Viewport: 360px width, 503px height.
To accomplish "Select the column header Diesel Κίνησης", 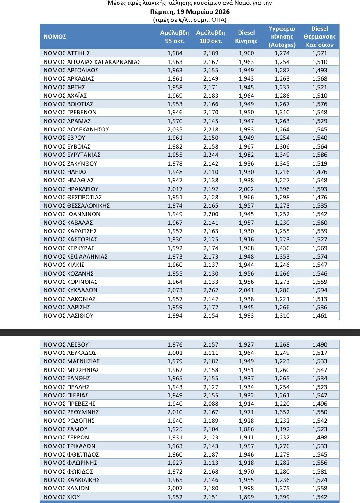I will pyautogui.click(x=246, y=37).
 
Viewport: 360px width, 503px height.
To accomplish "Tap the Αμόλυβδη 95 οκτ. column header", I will pyautogui.click(x=175, y=37).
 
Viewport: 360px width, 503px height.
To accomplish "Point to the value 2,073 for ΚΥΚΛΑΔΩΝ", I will pyautogui.click(x=175, y=290).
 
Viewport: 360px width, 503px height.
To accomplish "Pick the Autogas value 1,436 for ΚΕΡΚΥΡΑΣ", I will pyautogui.click(x=282, y=248).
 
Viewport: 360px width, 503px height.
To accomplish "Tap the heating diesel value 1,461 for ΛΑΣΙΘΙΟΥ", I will pyautogui.click(x=320, y=315).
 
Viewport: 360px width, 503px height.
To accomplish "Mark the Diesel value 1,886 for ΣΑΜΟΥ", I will pyautogui.click(x=246, y=429).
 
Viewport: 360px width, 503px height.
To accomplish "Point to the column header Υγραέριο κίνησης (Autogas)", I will pyautogui.click(x=282, y=37).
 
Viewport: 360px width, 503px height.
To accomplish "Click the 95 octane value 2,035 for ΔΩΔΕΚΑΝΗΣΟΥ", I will pyautogui.click(x=175, y=129).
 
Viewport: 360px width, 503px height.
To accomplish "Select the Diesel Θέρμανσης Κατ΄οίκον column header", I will pyautogui.click(x=320, y=37).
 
